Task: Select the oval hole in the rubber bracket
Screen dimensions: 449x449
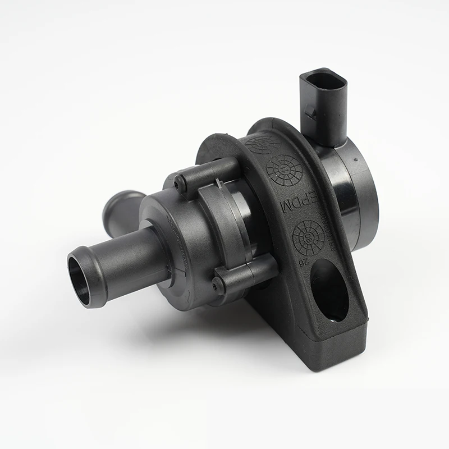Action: (328, 291)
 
